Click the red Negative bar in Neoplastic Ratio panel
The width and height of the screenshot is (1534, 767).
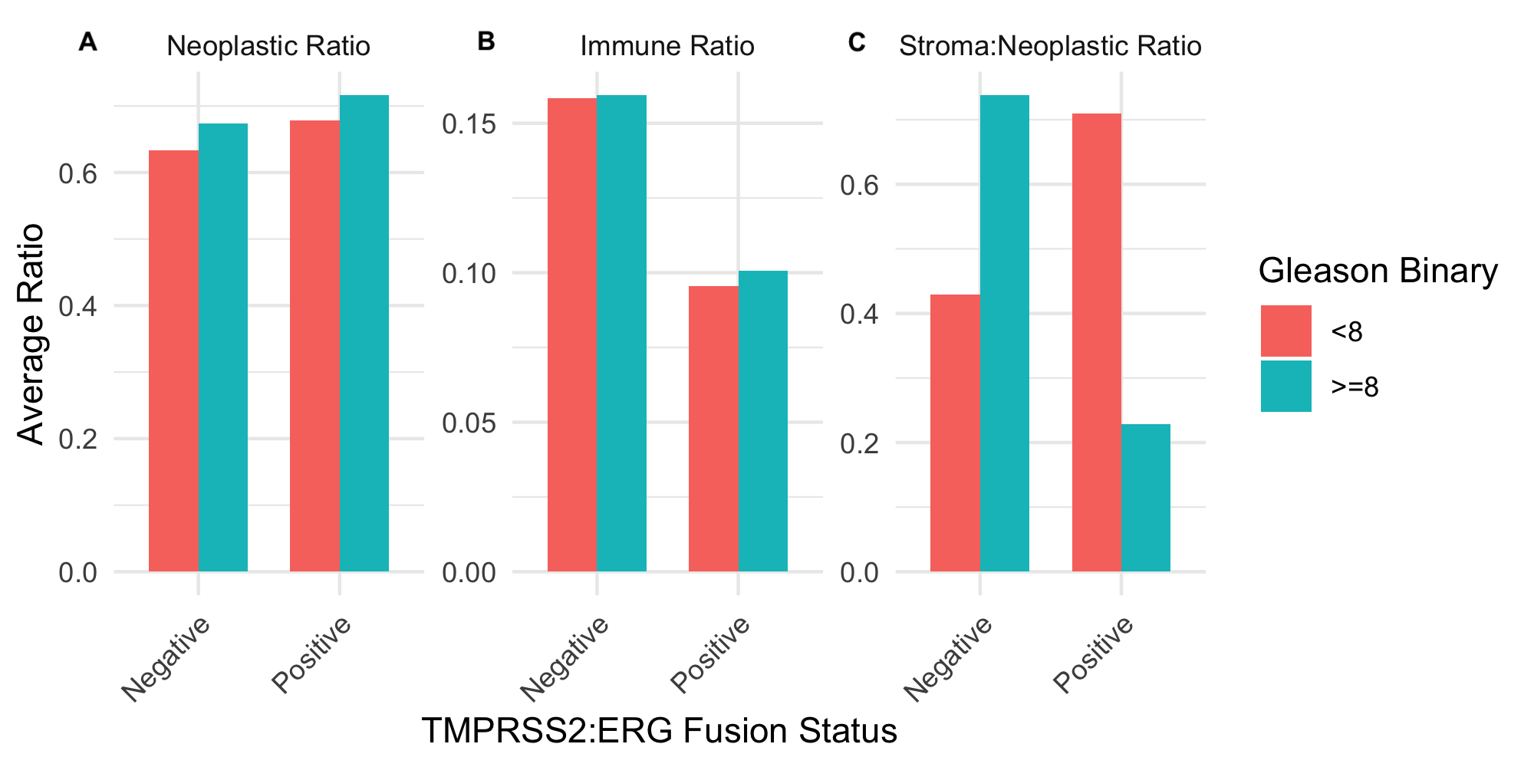point(173,360)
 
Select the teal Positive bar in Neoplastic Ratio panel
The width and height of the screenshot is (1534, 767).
point(364,334)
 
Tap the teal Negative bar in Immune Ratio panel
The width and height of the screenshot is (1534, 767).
point(621,334)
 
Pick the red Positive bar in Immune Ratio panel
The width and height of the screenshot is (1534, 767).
point(713,430)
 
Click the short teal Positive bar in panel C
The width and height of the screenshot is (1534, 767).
point(1146,499)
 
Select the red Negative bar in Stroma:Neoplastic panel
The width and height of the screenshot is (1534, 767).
point(955,433)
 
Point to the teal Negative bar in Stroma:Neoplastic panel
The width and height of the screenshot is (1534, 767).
point(1005,334)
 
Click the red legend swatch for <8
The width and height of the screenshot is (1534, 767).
point(1285,331)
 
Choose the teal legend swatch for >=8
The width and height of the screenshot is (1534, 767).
point(1285,387)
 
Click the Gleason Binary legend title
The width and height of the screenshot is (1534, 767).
point(1378,272)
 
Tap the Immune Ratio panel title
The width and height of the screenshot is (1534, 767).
point(667,46)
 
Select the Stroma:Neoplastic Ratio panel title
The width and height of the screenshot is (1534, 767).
point(1049,46)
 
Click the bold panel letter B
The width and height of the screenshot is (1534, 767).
point(486,41)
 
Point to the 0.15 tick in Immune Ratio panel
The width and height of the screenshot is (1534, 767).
point(469,123)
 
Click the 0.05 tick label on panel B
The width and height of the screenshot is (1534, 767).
point(469,423)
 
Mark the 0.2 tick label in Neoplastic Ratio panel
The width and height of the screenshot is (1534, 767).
point(77,439)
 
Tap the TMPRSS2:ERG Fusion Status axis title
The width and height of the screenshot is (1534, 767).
point(659,731)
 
